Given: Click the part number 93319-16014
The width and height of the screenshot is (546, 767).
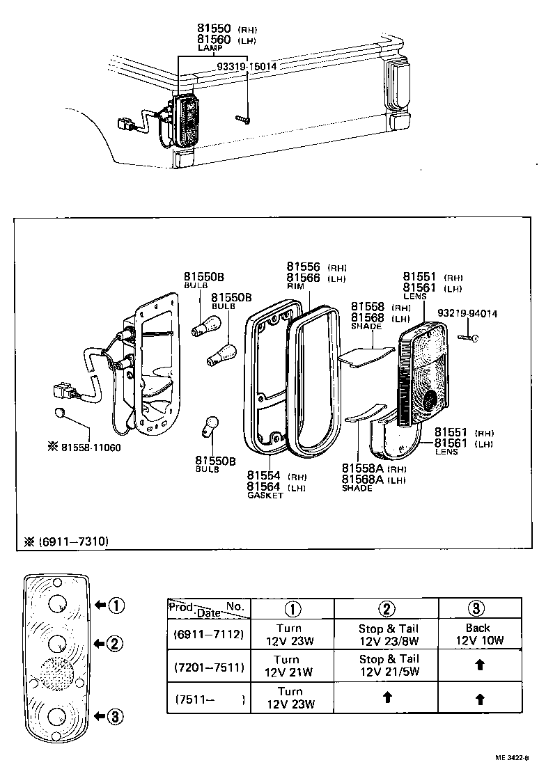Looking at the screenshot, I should [x=246, y=66].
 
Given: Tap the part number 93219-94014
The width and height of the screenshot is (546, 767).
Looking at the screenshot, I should [x=467, y=314].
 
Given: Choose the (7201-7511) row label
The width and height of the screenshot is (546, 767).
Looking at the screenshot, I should [x=209, y=667].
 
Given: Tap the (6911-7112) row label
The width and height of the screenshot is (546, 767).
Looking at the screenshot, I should [x=209, y=634].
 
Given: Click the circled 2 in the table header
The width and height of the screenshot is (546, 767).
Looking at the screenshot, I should [x=386, y=608].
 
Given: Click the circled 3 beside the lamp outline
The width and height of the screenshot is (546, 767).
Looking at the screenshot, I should [x=116, y=714].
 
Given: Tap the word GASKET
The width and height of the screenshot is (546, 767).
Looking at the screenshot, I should [x=266, y=496].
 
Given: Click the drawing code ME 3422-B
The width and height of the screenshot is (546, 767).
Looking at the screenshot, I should [x=513, y=758].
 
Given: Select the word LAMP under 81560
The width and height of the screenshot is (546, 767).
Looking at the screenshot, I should [x=209, y=49].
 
